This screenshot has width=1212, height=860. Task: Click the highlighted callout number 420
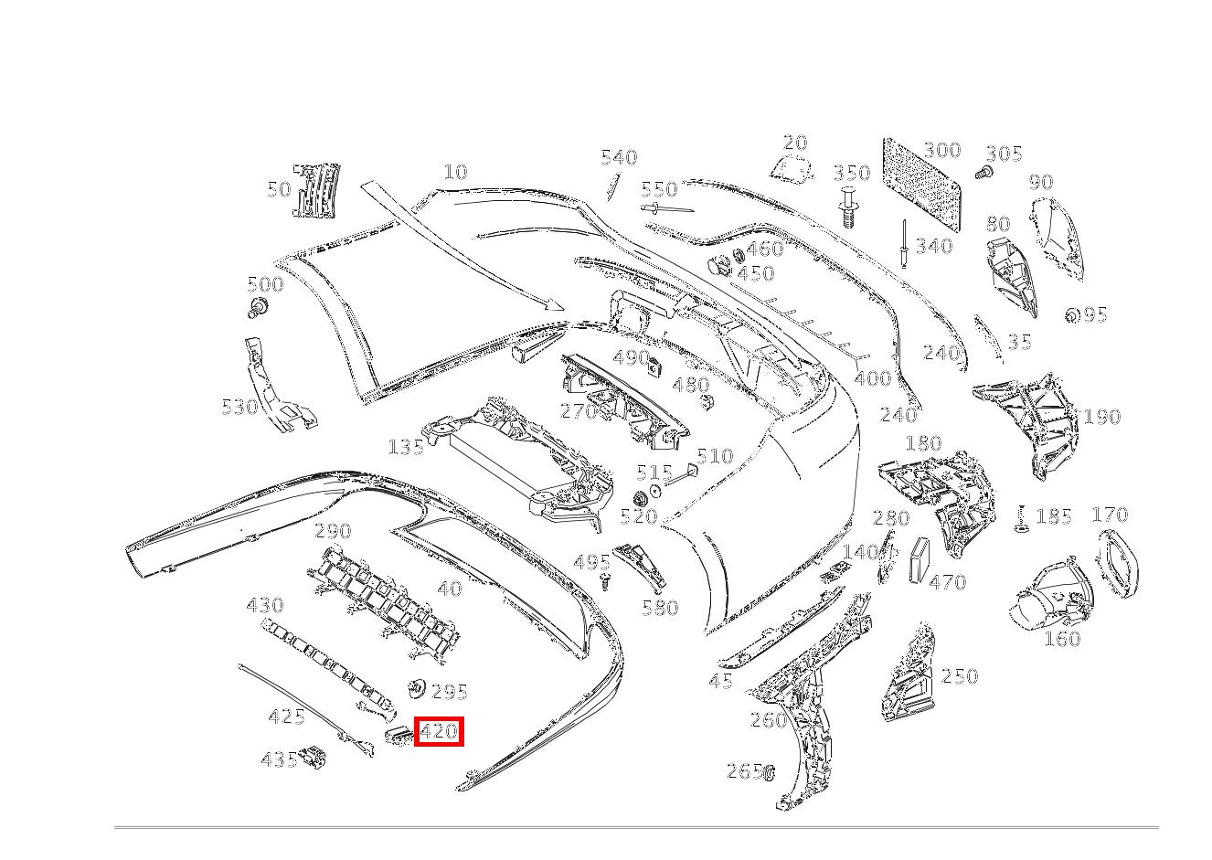point(439,731)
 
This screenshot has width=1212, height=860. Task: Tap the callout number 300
point(941,151)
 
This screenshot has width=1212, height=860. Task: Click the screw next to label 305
point(983,172)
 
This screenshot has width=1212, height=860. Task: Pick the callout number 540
point(619,158)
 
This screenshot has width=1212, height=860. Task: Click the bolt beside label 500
point(258,309)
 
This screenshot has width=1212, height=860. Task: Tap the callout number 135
point(406,447)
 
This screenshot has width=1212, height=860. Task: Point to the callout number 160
point(1062,639)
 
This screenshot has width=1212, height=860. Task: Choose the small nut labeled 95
point(1072,315)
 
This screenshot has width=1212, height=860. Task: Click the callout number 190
point(1101,418)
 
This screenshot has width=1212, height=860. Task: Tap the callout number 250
point(960,676)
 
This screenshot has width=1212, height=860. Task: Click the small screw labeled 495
point(604,581)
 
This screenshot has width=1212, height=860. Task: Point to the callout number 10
point(455,172)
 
